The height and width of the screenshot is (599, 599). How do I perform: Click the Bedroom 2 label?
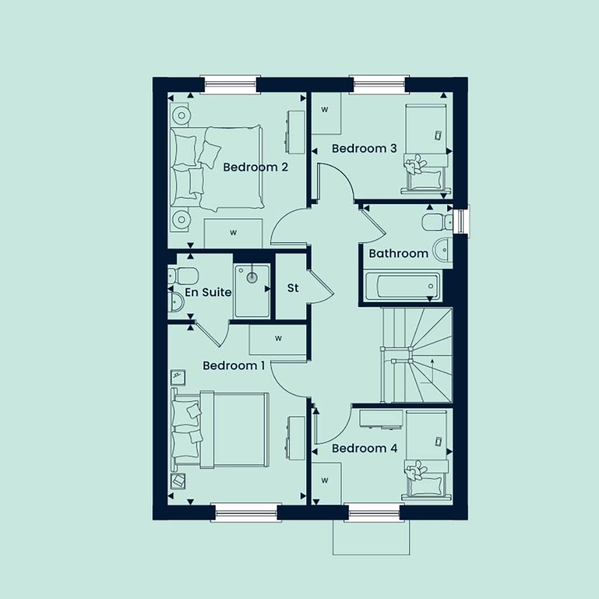(x=255, y=167)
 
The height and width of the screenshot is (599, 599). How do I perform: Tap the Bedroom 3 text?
(x=364, y=148)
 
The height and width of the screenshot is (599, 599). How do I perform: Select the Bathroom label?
(x=398, y=253)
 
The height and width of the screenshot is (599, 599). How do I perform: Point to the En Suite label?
(x=208, y=292)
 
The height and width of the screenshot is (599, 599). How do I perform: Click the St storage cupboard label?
(x=293, y=288)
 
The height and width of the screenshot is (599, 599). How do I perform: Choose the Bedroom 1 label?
(x=234, y=366)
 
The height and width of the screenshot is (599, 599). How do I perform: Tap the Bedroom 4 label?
(x=364, y=448)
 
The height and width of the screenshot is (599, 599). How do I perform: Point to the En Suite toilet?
(x=182, y=275)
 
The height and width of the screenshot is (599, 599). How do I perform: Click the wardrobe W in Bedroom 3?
(x=324, y=110)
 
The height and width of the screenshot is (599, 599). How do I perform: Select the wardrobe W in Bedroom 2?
(x=233, y=232)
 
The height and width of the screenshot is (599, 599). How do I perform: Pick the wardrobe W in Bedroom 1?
(x=278, y=338)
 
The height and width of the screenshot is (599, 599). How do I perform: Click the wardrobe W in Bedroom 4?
(x=324, y=480)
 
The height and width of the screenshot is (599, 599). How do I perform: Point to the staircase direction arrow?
(x=432, y=370)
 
